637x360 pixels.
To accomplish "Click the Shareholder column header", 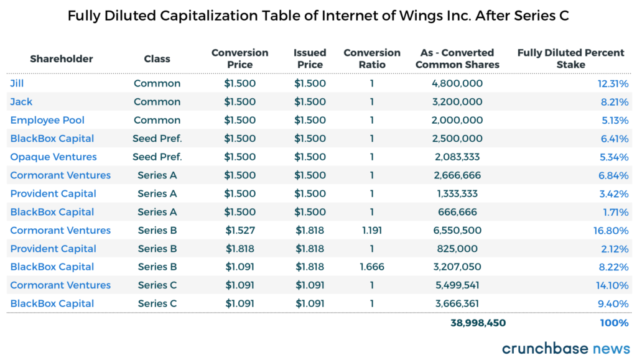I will pyautogui.click(x=61, y=59).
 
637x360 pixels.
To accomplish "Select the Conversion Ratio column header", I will pyautogui.click(x=372, y=59).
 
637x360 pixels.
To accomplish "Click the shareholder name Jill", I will pyautogui.click(x=17, y=83).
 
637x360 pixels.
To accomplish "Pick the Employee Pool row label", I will pyautogui.click(x=47, y=120).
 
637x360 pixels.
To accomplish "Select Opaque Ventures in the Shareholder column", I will pyautogui.click(x=53, y=157).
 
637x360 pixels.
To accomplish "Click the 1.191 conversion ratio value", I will pyautogui.click(x=372, y=230).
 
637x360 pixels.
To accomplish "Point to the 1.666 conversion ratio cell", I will pyautogui.click(x=372, y=267).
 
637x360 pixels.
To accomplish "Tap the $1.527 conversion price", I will pyautogui.click(x=240, y=230).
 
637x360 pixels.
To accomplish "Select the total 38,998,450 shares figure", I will pyautogui.click(x=478, y=323).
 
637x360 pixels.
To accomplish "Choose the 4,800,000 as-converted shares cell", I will pyautogui.click(x=457, y=83).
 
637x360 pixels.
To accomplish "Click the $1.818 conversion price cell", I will pyautogui.click(x=240, y=249).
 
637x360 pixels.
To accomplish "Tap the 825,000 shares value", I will pyautogui.click(x=457, y=249).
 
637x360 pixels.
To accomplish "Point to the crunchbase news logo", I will pyautogui.click(x=565, y=348).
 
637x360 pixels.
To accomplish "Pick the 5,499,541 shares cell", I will pyautogui.click(x=457, y=285).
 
